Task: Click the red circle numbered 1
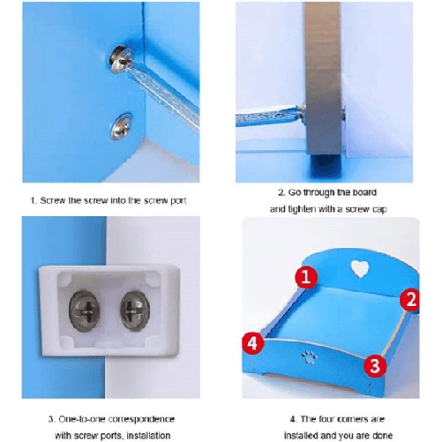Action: point(305,279)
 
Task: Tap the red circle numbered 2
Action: point(408,299)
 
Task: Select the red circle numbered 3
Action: point(374,363)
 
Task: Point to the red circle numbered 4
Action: point(252,342)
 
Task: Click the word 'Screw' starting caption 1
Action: point(56,200)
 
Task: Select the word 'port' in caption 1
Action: point(174,200)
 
